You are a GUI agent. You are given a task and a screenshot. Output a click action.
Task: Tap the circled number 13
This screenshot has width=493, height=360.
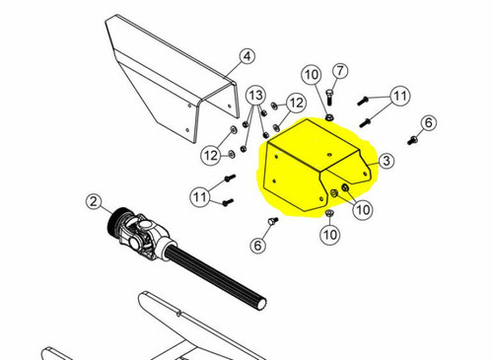[255, 94]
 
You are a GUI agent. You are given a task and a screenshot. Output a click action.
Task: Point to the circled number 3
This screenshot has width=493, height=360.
[387, 160]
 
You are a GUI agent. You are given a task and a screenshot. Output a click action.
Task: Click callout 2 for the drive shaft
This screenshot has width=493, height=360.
[94, 203]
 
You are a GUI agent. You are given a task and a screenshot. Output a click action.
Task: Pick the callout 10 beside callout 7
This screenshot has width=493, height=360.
[311, 75]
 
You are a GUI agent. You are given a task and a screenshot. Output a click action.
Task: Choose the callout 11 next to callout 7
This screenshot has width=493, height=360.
[399, 96]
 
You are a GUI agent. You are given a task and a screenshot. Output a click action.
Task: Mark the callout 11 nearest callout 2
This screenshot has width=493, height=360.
[200, 197]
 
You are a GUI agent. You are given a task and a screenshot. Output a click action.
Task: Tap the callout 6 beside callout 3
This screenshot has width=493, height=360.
[428, 123]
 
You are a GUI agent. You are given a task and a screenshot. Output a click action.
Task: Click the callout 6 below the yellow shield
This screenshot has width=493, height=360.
[259, 245]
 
